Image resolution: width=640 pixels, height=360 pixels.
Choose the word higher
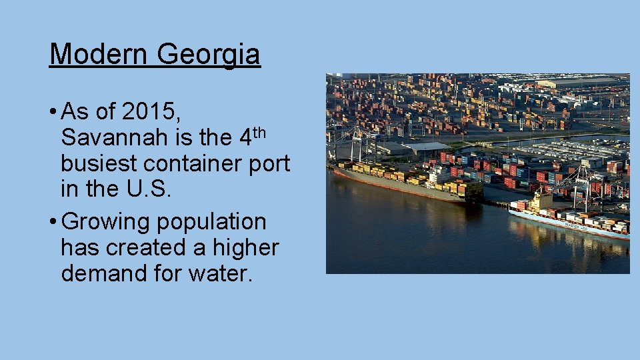pyautogui.click(x=246, y=247)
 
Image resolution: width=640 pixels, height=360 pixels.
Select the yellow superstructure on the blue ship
pyautogui.click(x=541, y=201)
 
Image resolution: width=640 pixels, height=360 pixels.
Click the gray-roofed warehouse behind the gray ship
pyautogui.click(x=426, y=147)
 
